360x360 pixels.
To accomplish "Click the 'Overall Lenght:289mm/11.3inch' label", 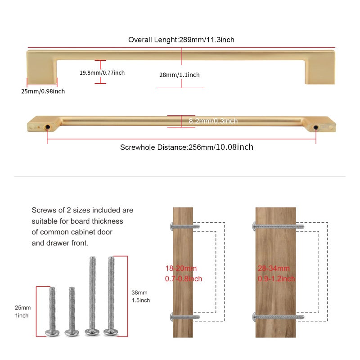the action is pyautogui.click(x=181, y=40).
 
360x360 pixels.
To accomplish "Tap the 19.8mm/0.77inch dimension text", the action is pyautogui.click(x=102, y=73).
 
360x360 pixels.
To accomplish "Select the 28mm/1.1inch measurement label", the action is pyautogui.click(x=180, y=75).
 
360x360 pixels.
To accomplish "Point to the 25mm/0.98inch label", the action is pyautogui.click(x=43, y=91).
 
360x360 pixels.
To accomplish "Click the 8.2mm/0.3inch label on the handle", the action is pyautogui.click(x=213, y=121).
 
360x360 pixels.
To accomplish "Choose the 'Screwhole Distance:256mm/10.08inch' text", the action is pyautogui.click(x=187, y=147).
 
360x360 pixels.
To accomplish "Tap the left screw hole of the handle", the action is pyautogui.click(x=48, y=127).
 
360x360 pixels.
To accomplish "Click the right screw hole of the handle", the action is pyautogui.click(x=316, y=127).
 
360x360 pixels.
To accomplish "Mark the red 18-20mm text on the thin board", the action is pyautogui.click(x=181, y=268).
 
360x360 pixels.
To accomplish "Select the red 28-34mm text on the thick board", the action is pyautogui.click(x=274, y=268).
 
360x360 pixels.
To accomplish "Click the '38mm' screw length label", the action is pyautogui.click(x=139, y=293).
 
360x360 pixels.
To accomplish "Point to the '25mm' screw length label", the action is pyautogui.click(x=23, y=308).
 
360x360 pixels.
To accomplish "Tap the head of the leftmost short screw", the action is pyautogui.click(x=52, y=332).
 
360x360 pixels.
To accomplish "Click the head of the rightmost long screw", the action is pyautogui.click(x=111, y=332).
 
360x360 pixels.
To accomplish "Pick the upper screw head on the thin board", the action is pyautogui.click(x=171, y=226).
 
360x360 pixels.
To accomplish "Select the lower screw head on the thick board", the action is pyautogui.click(x=254, y=317).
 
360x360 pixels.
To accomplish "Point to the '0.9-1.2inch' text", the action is pyautogui.click(x=276, y=279).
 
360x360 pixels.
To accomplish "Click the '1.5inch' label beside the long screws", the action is pyautogui.click(x=141, y=300).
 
